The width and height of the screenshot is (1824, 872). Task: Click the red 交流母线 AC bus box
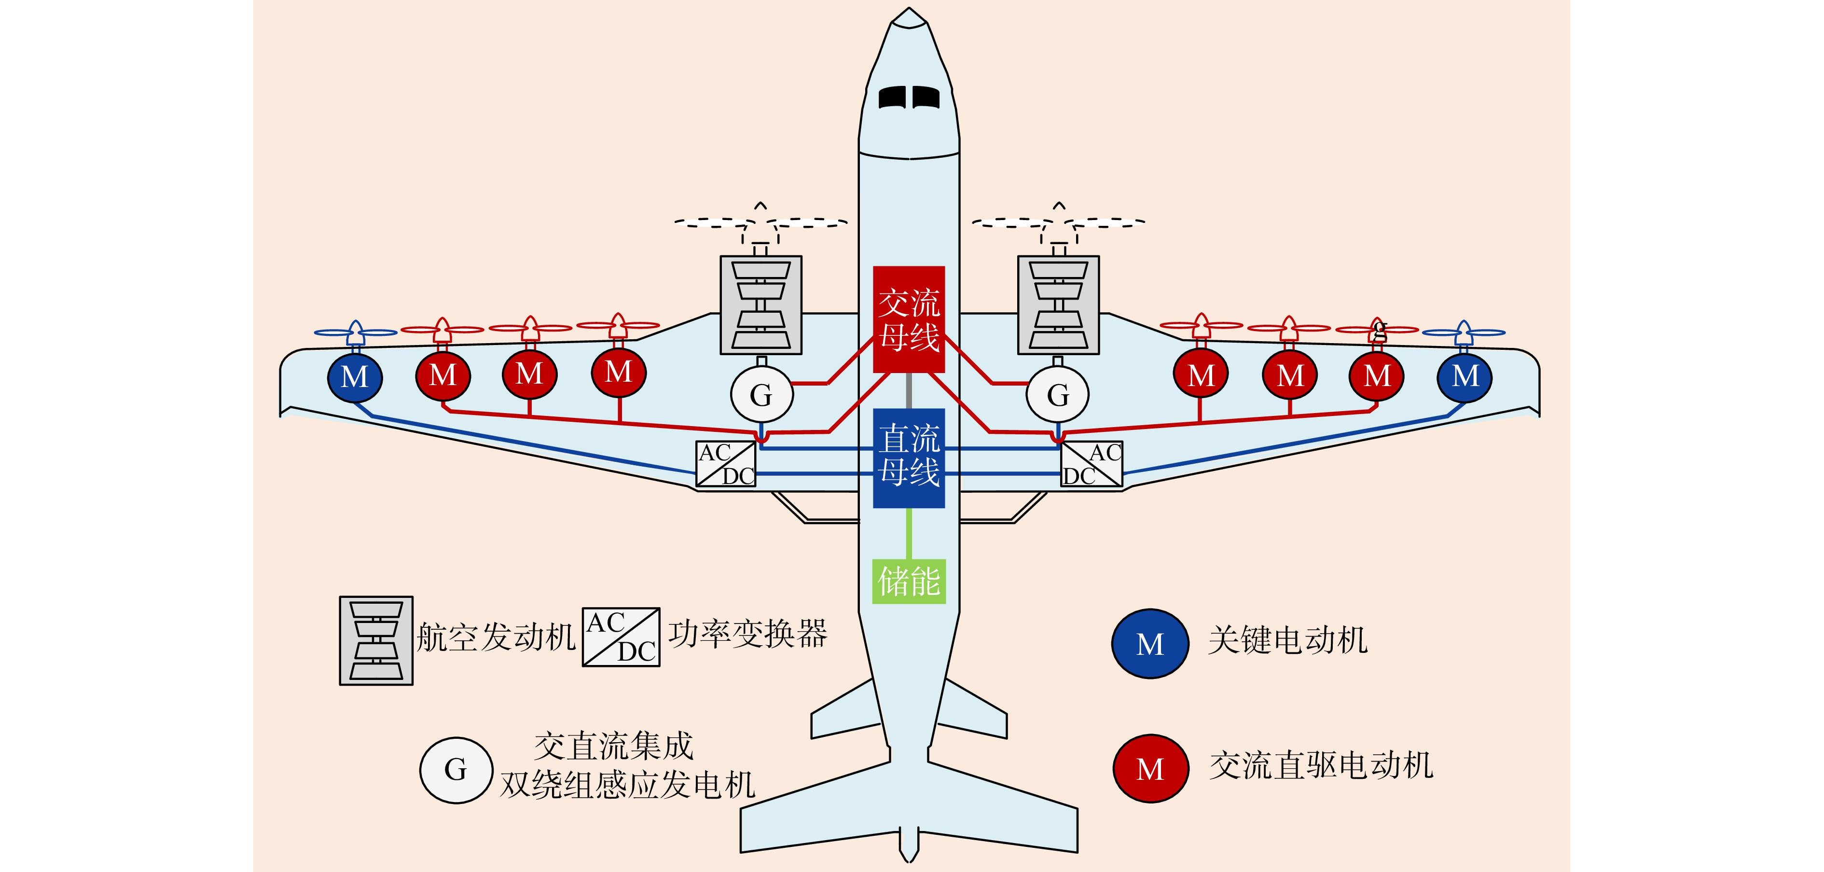[909, 319]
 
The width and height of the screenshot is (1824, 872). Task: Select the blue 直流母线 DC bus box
[909, 457]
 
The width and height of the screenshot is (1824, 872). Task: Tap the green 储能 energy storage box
[909, 581]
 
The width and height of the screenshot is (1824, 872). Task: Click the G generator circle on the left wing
[761, 395]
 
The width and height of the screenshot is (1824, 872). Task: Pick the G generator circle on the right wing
[1057, 395]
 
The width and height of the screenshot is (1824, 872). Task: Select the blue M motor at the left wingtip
[355, 377]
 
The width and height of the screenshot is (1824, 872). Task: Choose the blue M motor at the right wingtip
[1465, 376]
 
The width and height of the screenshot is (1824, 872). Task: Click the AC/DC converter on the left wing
[726, 464]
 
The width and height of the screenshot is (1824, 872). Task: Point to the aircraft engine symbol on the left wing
[760, 305]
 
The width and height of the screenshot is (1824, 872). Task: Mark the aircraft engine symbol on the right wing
[1058, 305]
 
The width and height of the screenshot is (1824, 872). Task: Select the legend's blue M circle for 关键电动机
[1150, 644]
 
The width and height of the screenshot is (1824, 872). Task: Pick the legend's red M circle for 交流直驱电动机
[1150, 769]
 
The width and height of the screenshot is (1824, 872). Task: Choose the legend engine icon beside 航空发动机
[376, 640]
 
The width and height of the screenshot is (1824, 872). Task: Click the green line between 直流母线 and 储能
[909, 533]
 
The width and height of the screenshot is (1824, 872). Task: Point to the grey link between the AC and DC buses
[909, 390]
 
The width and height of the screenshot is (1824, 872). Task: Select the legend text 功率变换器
[748, 633]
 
